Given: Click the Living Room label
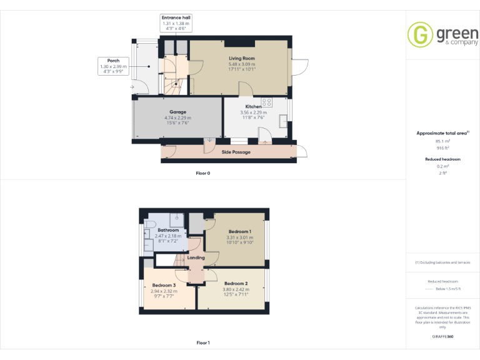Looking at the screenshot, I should tap(241, 58).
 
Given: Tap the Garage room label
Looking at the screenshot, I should tap(178, 112).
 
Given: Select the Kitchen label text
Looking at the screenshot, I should tap(253, 107).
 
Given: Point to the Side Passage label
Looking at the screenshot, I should tap(236, 152).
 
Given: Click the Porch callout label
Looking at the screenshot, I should tap(113, 61).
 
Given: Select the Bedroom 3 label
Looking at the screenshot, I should tap(164, 285).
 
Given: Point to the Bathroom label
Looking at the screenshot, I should tap(168, 230).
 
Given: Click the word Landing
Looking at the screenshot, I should tap(196, 257).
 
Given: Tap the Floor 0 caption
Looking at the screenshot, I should tap(202, 172).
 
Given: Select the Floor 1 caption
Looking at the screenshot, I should tap(202, 342).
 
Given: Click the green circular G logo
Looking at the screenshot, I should tap(419, 34).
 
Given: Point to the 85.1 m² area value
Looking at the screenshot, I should tap(442, 142).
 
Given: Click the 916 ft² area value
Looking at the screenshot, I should tap(442, 148).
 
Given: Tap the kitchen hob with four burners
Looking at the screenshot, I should tap(267, 102).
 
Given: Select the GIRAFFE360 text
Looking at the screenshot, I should tap(442, 337).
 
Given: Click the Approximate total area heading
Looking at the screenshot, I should tap(442, 133).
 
